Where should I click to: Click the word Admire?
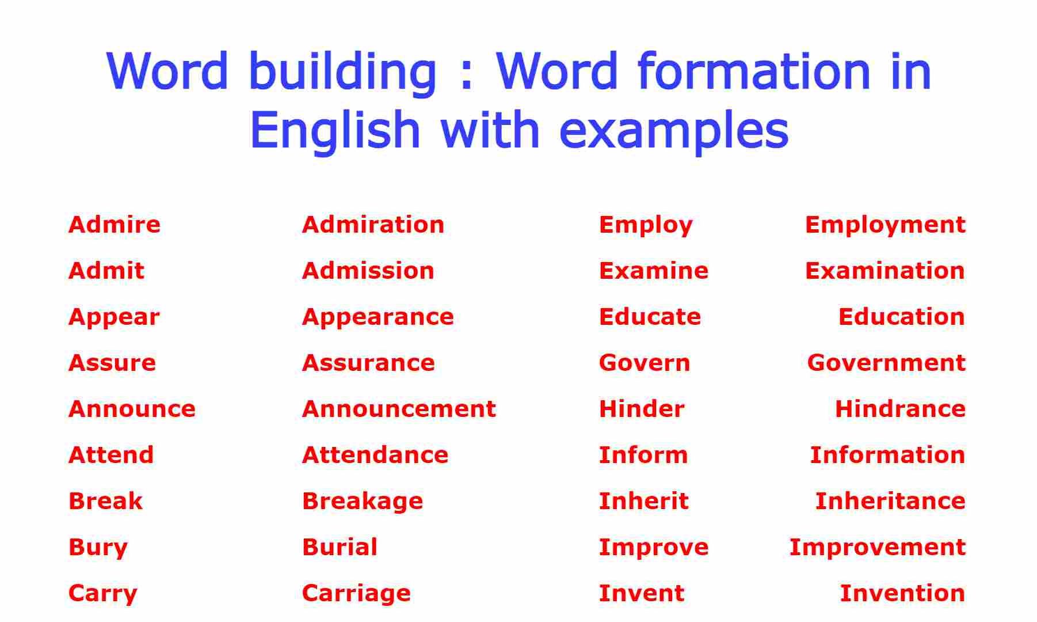tap(115, 225)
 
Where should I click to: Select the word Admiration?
tap(373, 225)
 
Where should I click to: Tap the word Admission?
tap(368, 271)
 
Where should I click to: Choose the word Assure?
tap(112, 363)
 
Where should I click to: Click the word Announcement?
tap(399, 409)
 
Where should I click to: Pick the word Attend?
tap(111, 455)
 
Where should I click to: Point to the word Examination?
tap(885, 271)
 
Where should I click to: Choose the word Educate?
tap(650, 317)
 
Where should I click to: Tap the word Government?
tap(886, 363)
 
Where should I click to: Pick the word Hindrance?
tap(900, 409)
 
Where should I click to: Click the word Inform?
tap(643, 455)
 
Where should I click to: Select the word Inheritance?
tap(890, 501)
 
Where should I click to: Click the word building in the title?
tap(344, 73)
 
